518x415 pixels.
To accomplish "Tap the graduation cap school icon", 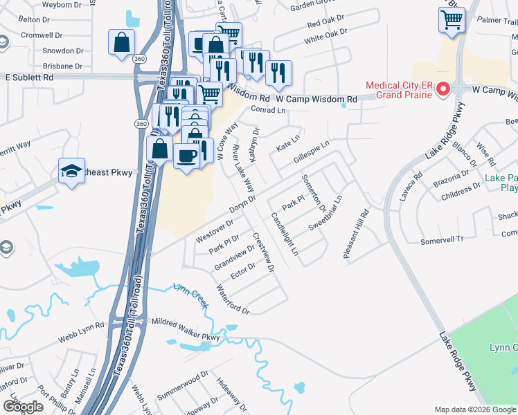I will coord(70,173).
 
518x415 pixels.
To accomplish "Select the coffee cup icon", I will coord(186,157).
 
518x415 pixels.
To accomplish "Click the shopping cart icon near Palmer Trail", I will coord(451,20).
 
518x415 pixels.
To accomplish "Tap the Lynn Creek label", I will coord(190,294).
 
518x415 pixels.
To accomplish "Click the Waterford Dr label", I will coord(233,300).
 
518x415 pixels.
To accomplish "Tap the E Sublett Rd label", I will coord(29,78).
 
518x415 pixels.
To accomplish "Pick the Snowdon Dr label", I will coord(63,51).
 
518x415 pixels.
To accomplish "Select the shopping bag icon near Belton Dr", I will coord(121,43).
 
